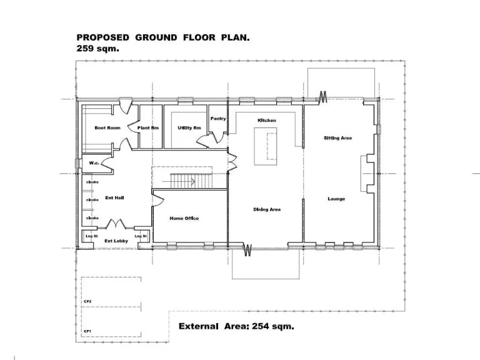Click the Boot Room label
coord(107,127)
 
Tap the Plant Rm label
coord(148,127)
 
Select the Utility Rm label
coord(189,127)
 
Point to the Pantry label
coord(218,118)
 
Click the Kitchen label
coord(267,120)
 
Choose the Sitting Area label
coord(337,137)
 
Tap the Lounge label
coord(336,199)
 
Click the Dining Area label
coord(266,209)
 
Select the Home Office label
coord(184,218)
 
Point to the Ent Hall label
coord(114,197)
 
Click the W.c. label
coord(94,162)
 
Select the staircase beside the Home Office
coord(188,181)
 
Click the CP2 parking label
coord(88,301)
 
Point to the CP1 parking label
coord(88,331)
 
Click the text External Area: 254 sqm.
coord(236,326)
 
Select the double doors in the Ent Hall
coord(117,224)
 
